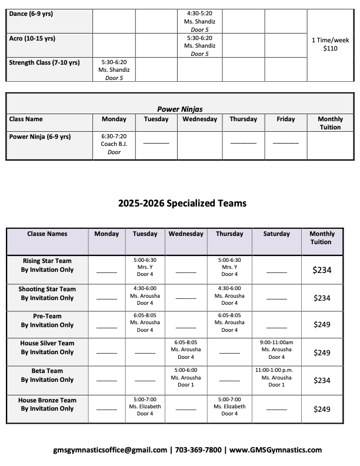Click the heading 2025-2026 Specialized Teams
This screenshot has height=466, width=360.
click(182, 203)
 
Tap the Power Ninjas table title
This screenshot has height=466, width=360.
click(180, 109)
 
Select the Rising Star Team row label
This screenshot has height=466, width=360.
click(47, 265)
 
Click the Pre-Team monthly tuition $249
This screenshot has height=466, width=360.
click(322, 324)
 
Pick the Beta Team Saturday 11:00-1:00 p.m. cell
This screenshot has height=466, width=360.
click(276, 377)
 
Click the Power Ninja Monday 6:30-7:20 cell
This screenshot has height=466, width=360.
click(114, 144)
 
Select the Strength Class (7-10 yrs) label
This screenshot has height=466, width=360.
click(44, 62)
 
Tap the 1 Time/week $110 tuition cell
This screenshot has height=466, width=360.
click(330, 44)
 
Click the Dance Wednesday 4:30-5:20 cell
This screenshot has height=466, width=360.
click(199, 21)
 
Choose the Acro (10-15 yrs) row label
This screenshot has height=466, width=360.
click(32, 38)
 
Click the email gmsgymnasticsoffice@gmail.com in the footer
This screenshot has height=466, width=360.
click(109, 450)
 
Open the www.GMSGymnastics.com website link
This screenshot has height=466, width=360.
click(276, 450)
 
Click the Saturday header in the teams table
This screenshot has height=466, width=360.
click(276, 234)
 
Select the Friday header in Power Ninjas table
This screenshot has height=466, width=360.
click(286, 119)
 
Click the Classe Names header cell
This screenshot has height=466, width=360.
click(47, 234)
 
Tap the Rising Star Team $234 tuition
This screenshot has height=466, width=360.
click(322, 271)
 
